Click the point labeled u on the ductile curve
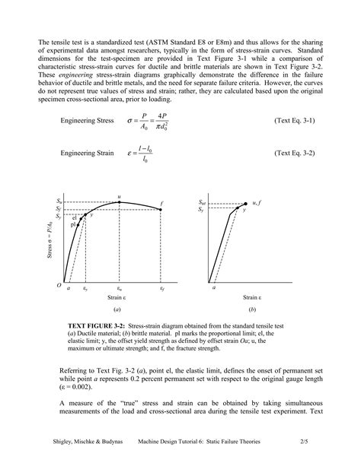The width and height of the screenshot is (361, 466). tap(119, 202)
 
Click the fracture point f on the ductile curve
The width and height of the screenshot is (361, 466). tap(162, 210)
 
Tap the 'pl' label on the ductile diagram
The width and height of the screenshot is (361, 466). tap(72, 225)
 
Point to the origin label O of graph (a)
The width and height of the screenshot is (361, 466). tap(58, 285)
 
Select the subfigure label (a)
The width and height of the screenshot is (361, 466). tap(117, 310)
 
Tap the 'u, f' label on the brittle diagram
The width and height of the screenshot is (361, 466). tap(257, 203)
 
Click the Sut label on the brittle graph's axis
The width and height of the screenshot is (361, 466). tap(202, 203)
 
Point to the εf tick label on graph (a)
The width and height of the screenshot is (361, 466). tap(162, 289)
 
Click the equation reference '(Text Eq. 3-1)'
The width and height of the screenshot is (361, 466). tap(294, 121)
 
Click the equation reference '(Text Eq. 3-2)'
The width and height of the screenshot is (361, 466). tap(294, 153)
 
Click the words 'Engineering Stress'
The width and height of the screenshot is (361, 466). tap(87, 121)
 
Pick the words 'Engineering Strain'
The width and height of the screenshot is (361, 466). tap(87, 153)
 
